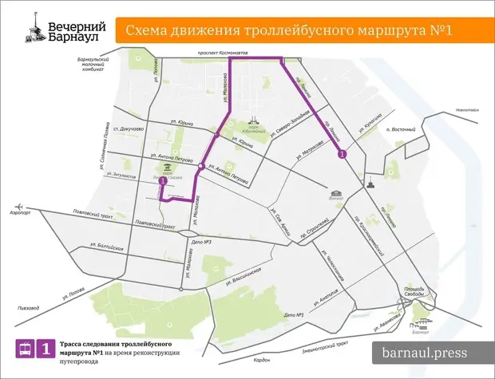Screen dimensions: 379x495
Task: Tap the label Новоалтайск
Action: [x=466, y=109]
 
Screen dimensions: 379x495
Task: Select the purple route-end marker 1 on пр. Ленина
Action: [x=342, y=154]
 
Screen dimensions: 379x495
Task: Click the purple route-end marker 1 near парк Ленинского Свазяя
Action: [x=163, y=181]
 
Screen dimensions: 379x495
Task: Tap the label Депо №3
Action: [x=200, y=242]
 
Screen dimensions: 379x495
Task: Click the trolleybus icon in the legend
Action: [x=26, y=349]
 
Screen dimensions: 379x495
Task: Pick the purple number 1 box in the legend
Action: [x=47, y=349]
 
